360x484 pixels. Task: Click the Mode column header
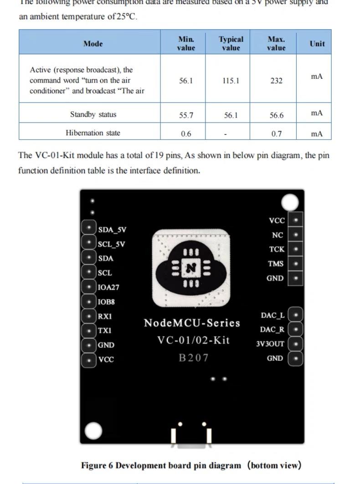[93, 44]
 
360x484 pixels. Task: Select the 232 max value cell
[276, 81]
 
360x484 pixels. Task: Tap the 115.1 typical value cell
[231, 81]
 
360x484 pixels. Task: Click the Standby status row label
[93, 114]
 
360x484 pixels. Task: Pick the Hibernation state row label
[93, 133]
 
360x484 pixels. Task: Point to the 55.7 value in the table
[186, 115]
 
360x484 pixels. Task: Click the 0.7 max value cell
[276, 134]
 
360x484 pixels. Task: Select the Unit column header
[317, 44]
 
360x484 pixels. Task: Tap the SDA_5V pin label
[112, 229]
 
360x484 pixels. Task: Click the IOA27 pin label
[108, 288]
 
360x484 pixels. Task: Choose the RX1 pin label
[105, 316]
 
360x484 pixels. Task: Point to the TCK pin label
[277, 249]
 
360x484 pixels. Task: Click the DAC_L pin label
[273, 315]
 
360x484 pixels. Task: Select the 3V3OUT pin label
[270, 344]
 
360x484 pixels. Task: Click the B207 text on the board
[193, 358]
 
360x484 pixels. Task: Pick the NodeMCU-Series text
[192, 323]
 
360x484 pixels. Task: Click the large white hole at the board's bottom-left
[93, 430]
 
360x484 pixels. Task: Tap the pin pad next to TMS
[296, 263]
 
